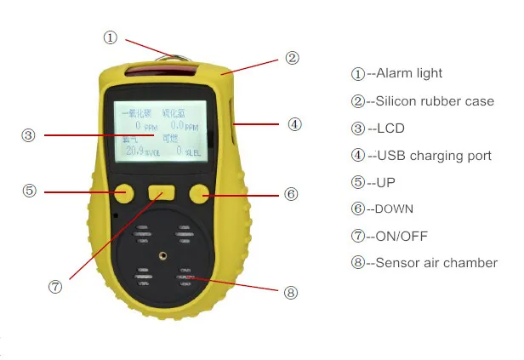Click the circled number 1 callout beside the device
[x=111, y=37]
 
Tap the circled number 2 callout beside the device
[x=292, y=58]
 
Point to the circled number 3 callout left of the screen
[x=28, y=135]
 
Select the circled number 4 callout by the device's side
[x=294, y=124]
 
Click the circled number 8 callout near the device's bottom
[x=291, y=292]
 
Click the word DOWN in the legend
[x=396, y=209]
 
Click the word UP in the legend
[x=386, y=182]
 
